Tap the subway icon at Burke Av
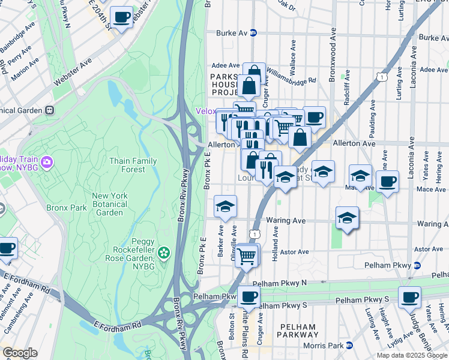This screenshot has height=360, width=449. tap(254, 34)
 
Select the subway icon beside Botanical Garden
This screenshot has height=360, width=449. tap(50, 110)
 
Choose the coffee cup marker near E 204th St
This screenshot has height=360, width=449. tap(121, 17)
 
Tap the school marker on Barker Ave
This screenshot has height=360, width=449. tap(225, 207)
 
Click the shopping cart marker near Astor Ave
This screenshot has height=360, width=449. tap(247, 255)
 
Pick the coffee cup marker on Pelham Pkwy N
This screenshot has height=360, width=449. tap(249, 296)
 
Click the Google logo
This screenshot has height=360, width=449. tap(20, 353)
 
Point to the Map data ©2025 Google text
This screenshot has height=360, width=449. tap(411, 355)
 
